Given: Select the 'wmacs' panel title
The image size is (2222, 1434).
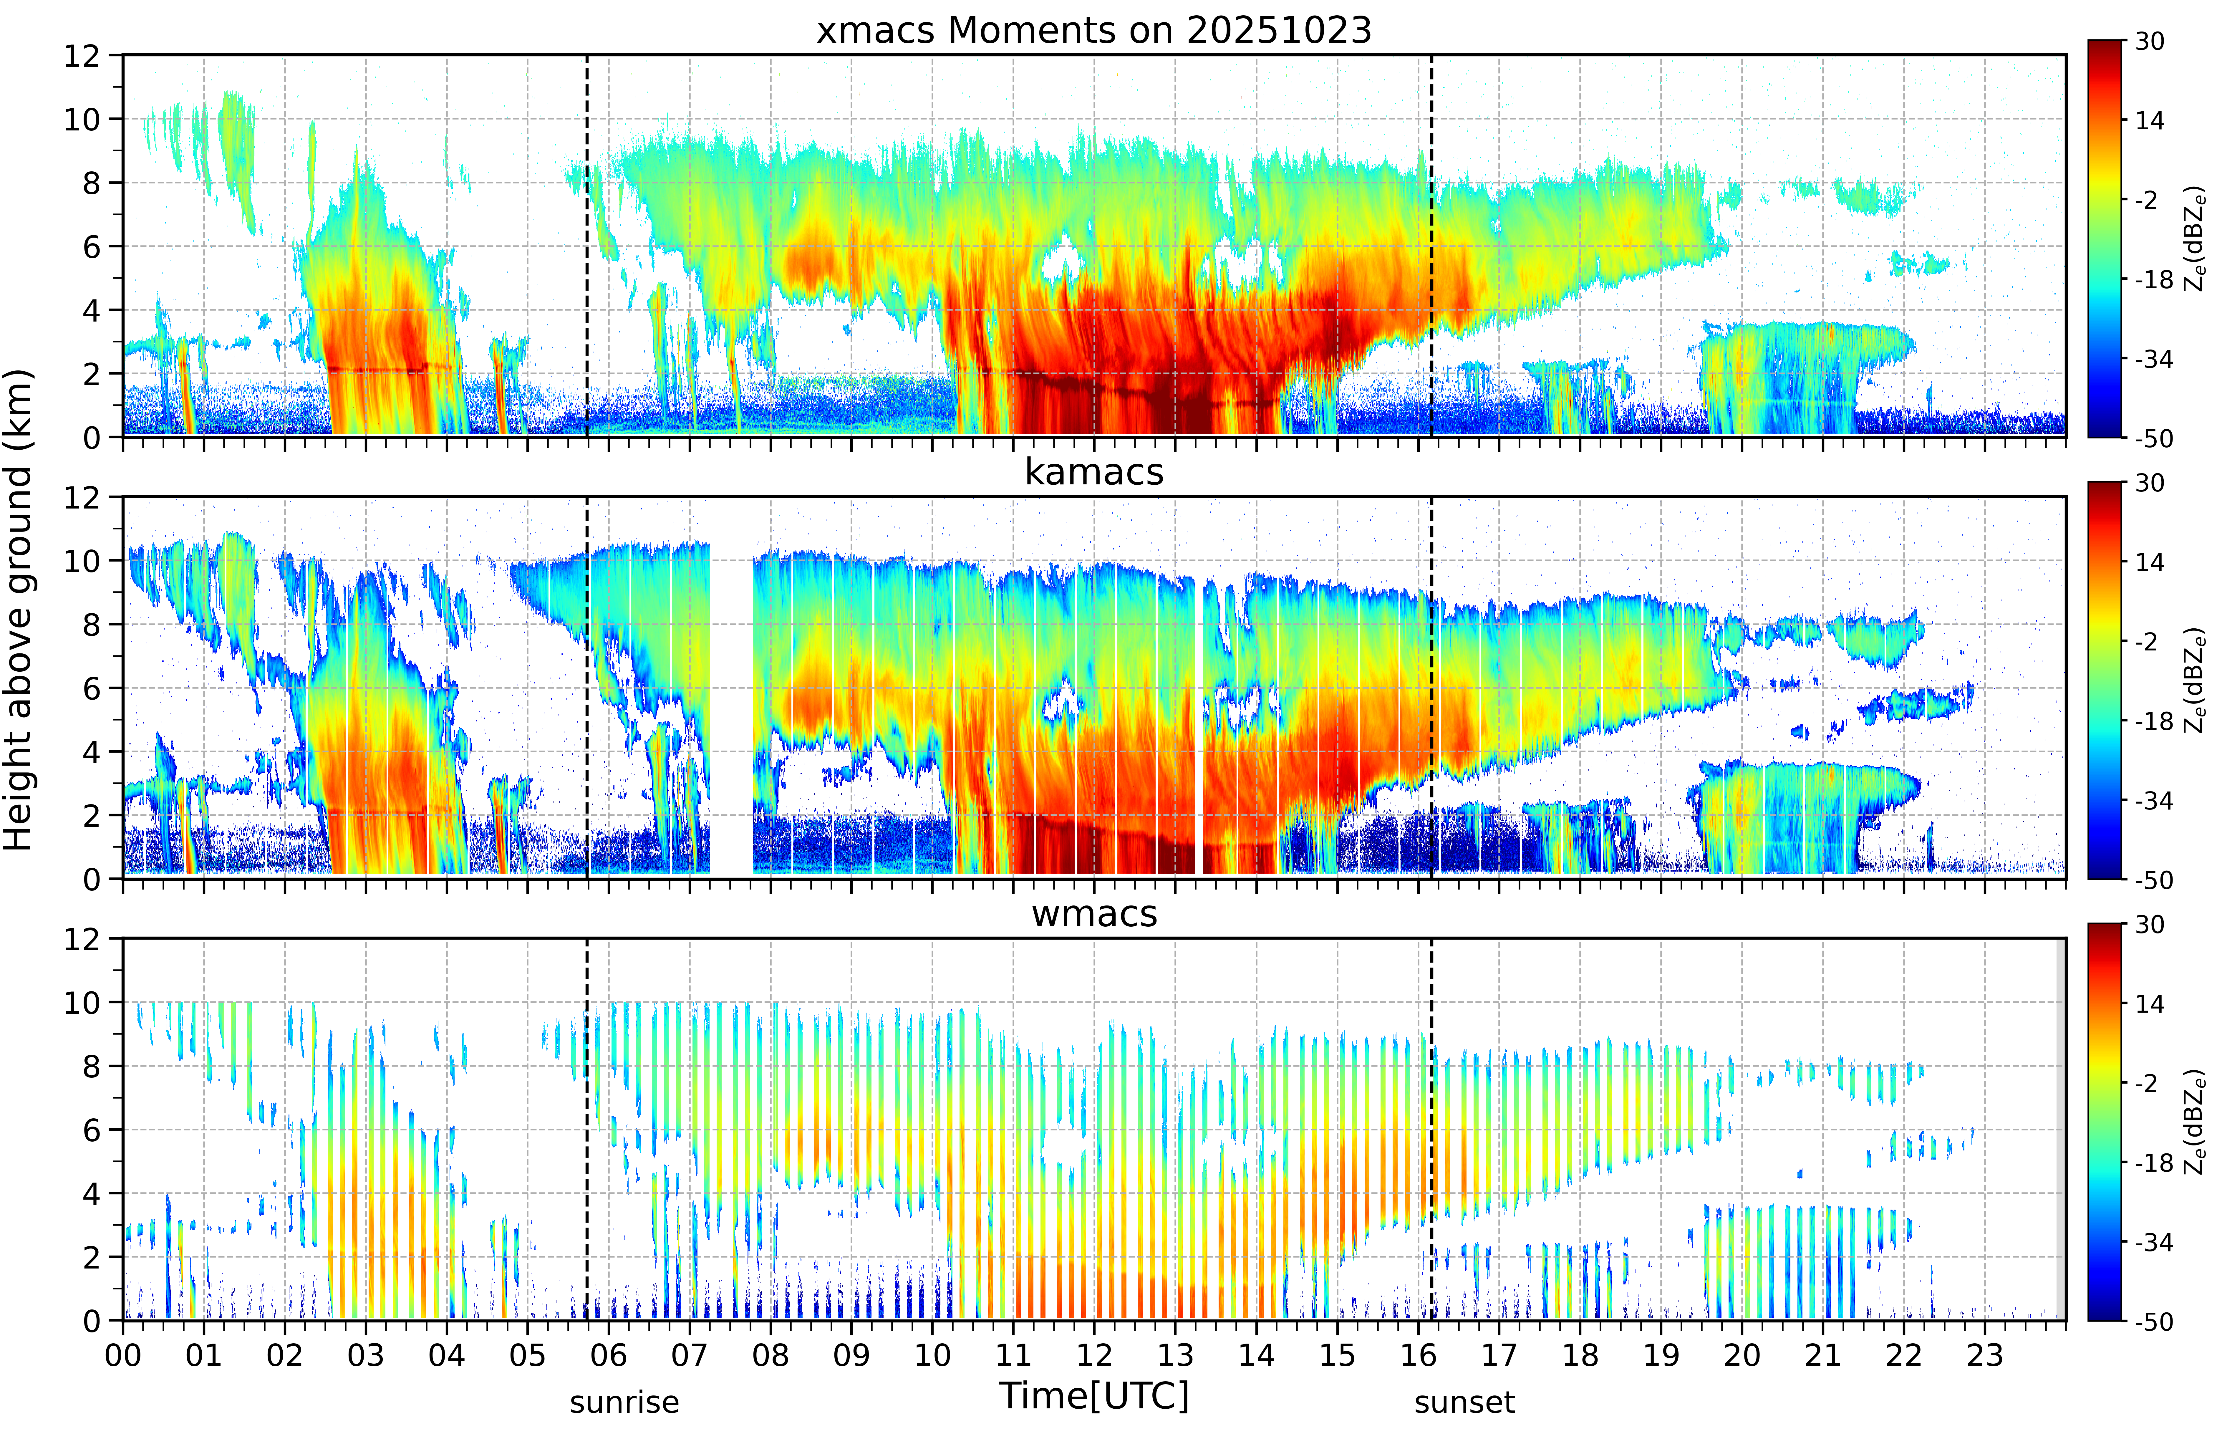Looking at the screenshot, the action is coord(1094,913).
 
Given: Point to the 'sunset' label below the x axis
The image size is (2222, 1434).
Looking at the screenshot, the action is coord(1464,1401).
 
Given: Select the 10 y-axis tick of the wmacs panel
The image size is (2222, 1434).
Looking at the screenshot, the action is coord(82,1003).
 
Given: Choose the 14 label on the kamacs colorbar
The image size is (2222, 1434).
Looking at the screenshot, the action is coord(2149,562).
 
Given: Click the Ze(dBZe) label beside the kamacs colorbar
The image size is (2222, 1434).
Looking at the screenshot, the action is coord(2194,680).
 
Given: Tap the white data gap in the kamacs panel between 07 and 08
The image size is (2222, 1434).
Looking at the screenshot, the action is coord(732,689).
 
